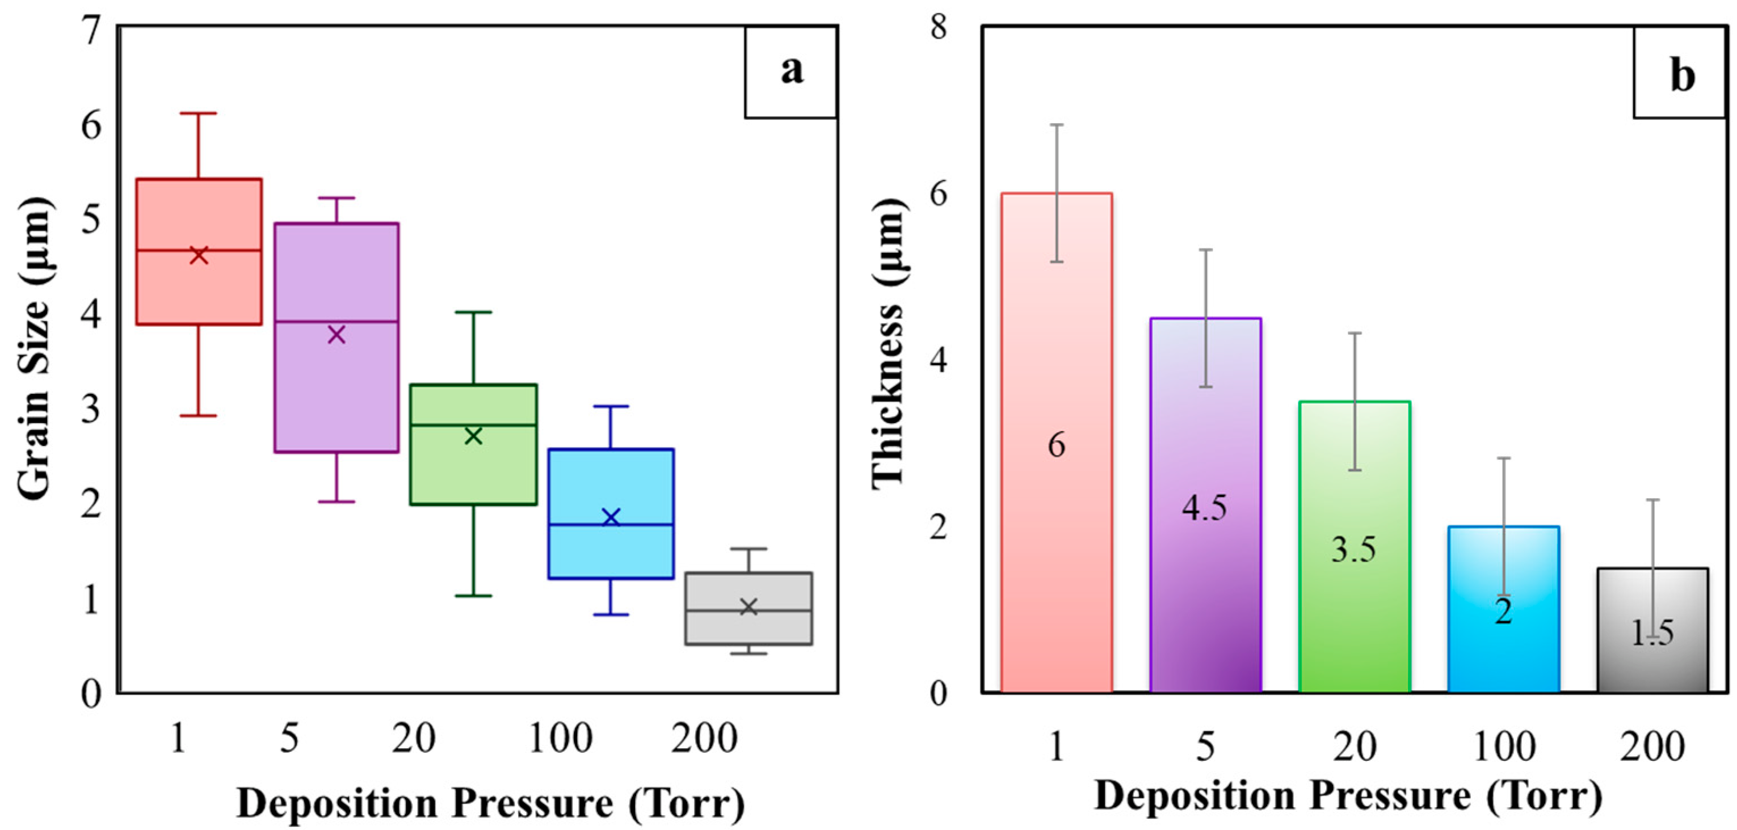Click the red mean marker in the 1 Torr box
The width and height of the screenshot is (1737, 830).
[x=198, y=255]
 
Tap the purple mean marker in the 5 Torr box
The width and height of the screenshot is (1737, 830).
[x=337, y=334]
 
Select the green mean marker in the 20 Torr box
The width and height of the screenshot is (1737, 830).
[x=473, y=436]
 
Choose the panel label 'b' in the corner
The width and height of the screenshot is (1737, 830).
[x=1683, y=76]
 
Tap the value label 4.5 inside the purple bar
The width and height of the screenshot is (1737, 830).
[x=1204, y=507]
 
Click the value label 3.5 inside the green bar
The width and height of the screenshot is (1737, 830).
[x=1353, y=550]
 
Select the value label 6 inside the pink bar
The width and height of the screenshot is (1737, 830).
[x=1057, y=445]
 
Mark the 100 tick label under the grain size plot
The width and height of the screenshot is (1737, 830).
[x=560, y=738]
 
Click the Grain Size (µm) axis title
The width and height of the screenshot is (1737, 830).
[x=33, y=349]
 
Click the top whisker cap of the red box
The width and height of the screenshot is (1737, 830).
[x=198, y=113]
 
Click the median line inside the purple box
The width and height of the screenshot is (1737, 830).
[x=337, y=322]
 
